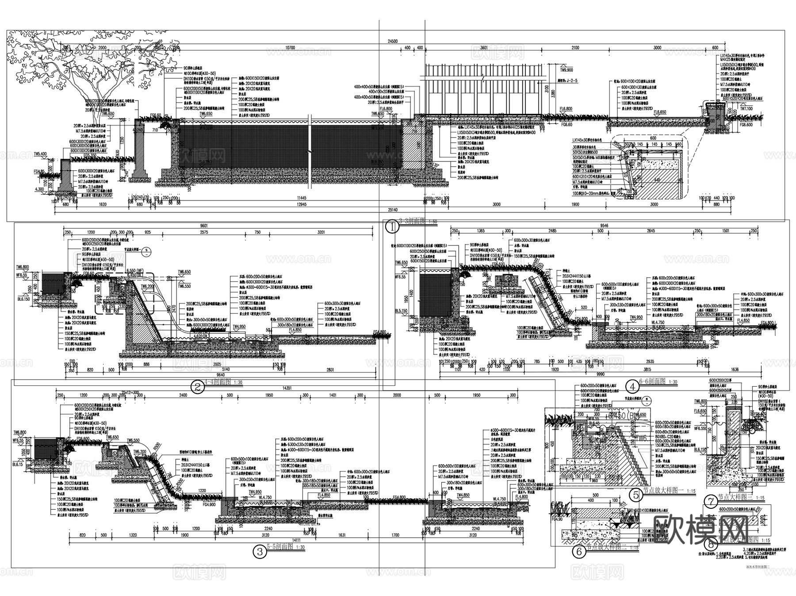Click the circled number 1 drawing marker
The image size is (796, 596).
point(392,227)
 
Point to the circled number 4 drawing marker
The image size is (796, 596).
point(633,386)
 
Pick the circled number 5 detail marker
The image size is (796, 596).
point(636,495)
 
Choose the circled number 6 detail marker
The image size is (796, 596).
point(578,551)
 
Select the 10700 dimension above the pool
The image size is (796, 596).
point(290,47)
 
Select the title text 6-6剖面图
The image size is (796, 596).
point(653,382)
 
